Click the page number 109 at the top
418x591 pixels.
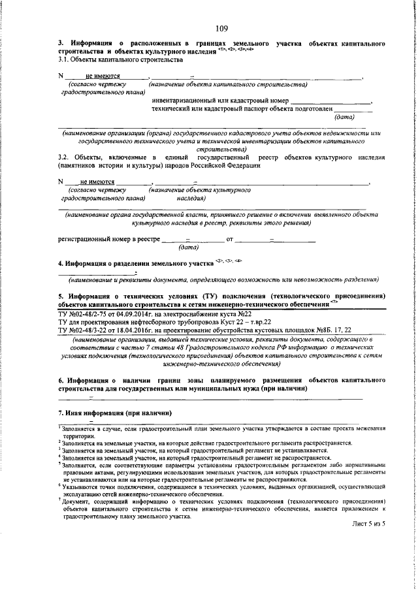click(221, 28)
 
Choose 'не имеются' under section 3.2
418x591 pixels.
click(97, 182)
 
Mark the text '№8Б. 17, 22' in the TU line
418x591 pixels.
click(332, 330)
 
